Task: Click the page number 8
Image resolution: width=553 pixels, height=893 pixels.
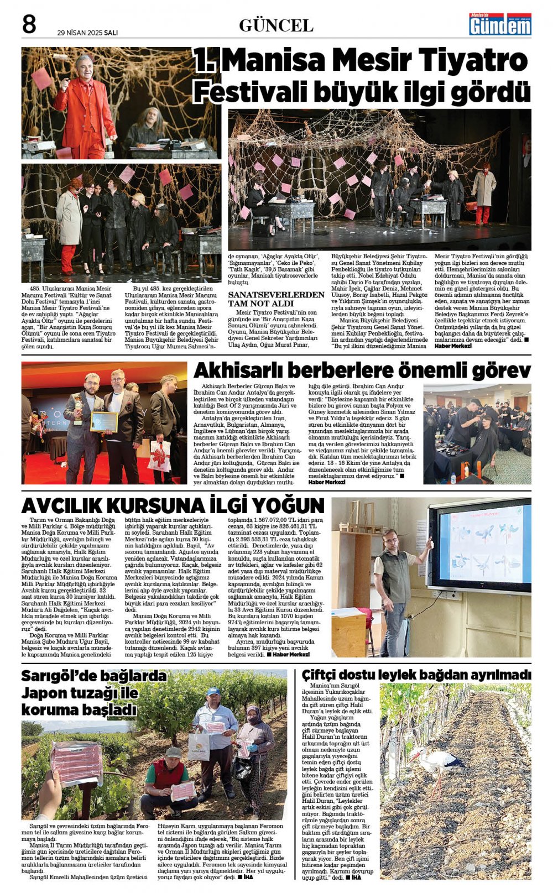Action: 29,25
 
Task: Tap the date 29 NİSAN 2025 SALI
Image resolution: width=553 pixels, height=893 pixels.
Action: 87,32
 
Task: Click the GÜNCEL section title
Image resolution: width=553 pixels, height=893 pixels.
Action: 276,25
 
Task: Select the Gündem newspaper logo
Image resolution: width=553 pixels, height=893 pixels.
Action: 500,25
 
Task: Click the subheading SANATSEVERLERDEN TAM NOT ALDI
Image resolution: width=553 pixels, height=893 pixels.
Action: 276,299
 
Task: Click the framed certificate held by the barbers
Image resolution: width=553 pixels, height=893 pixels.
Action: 104,421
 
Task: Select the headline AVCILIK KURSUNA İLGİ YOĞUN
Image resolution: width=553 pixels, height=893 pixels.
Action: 173,505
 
